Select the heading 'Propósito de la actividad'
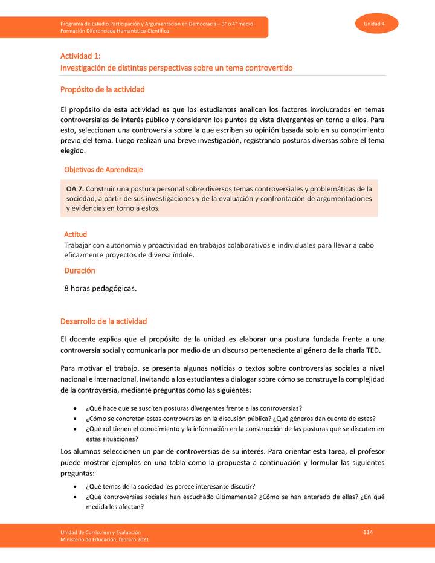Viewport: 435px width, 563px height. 102,89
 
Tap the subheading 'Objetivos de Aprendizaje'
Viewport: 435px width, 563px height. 103,170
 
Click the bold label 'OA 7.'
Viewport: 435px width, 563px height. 75,188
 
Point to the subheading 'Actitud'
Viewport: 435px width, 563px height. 76,234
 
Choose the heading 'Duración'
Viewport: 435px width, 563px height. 80,271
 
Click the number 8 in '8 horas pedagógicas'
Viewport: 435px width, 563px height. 66,288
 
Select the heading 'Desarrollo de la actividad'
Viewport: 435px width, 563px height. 103,321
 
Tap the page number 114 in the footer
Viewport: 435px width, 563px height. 367,531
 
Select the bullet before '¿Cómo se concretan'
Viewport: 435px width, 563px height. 75,419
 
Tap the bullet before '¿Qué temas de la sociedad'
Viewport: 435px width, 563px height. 75,486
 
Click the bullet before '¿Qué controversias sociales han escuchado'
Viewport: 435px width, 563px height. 75,497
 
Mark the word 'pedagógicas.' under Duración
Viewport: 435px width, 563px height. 113,288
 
